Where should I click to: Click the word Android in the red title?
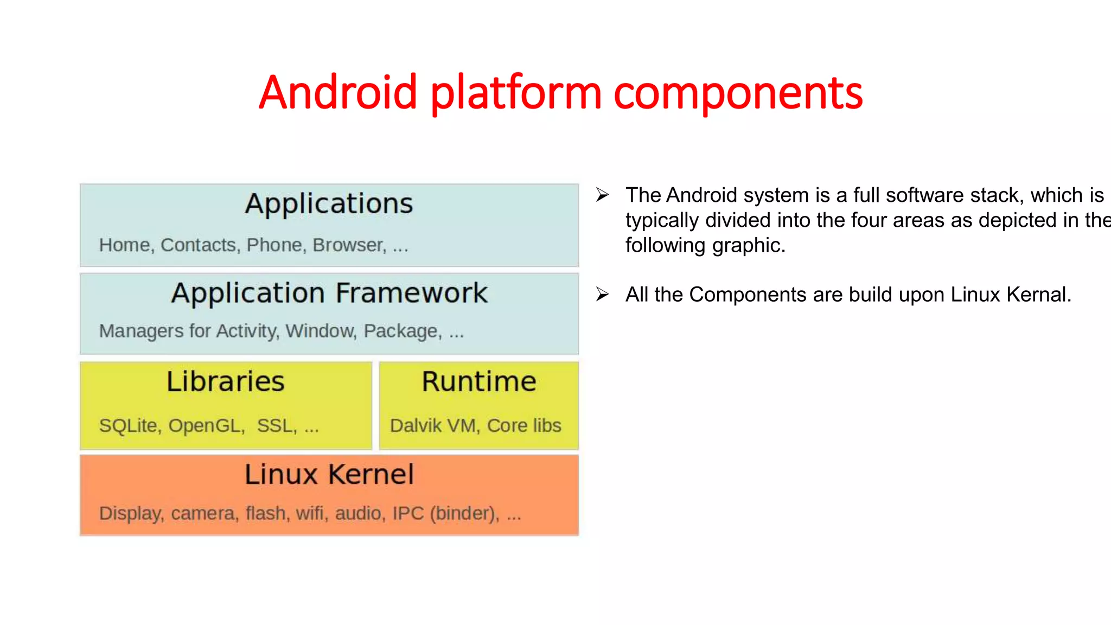click(x=337, y=92)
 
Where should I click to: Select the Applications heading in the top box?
click(x=329, y=204)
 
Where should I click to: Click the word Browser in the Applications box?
click(x=348, y=245)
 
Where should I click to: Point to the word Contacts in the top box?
click(x=198, y=245)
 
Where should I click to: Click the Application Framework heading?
click(x=329, y=294)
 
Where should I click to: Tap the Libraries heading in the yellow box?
click(x=225, y=381)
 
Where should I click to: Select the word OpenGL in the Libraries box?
click(x=205, y=426)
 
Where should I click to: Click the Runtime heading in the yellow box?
click(x=479, y=381)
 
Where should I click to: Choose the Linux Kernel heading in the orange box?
click(x=329, y=475)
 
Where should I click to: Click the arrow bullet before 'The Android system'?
click(x=602, y=195)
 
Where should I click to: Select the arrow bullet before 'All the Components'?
click(x=602, y=295)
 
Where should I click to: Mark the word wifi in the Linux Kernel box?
click(x=310, y=513)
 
